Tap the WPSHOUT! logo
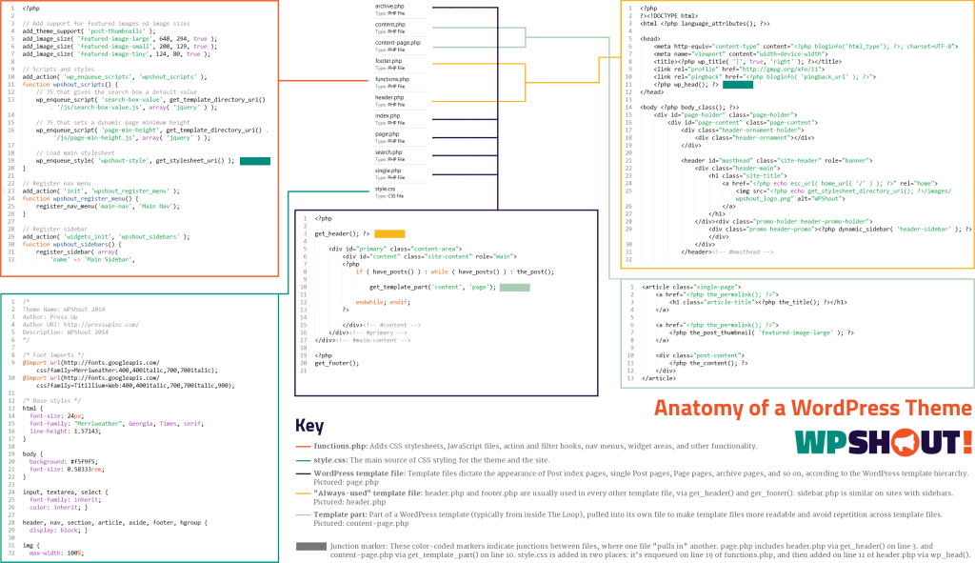883,442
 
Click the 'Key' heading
309,426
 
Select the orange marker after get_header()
389,233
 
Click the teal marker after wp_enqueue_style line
256,161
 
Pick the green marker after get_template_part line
514,286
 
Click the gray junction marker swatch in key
310,547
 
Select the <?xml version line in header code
663,16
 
